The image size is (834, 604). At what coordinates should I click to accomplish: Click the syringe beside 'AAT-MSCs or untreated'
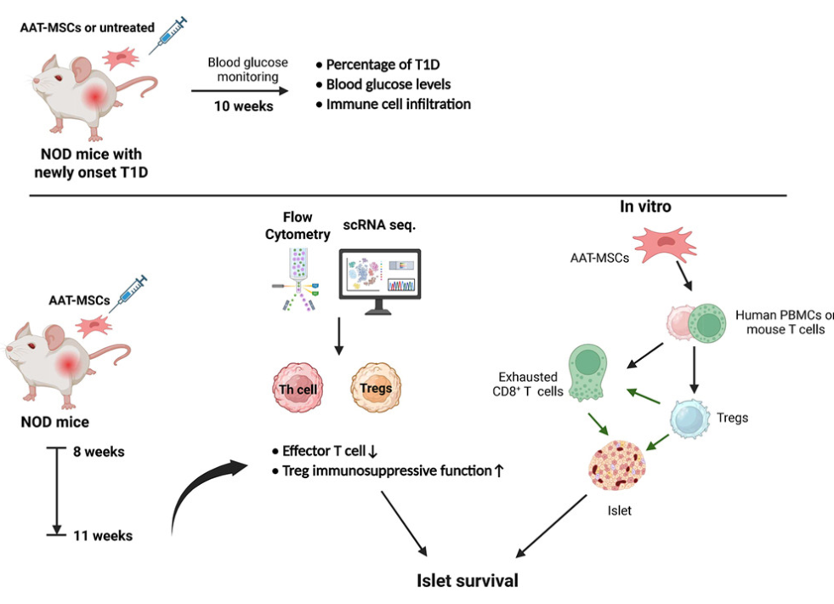click(167, 36)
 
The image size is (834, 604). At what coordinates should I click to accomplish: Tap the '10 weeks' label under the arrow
click(244, 105)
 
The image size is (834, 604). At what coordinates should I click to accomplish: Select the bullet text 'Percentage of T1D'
click(383, 65)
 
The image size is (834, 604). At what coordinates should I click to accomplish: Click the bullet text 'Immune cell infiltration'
click(399, 104)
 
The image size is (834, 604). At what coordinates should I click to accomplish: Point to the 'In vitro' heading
click(645, 206)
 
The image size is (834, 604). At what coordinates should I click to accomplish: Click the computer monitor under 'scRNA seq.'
click(380, 281)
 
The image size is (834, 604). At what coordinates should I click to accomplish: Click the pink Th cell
click(298, 388)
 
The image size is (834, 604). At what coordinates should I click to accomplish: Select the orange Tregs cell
click(376, 387)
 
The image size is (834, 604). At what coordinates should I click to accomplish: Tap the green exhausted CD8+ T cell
click(587, 373)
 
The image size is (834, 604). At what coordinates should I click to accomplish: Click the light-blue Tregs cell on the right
click(689, 419)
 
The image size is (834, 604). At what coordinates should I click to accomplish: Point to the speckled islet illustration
click(617, 465)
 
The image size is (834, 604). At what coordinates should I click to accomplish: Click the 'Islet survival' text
click(467, 580)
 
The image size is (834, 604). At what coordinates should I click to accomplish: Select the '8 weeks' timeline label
click(99, 452)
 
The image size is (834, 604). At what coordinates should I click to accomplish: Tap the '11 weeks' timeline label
click(103, 535)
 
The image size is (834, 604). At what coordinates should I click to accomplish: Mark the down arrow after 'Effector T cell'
click(373, 452)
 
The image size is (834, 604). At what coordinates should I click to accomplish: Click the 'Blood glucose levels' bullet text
click(389, 84)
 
